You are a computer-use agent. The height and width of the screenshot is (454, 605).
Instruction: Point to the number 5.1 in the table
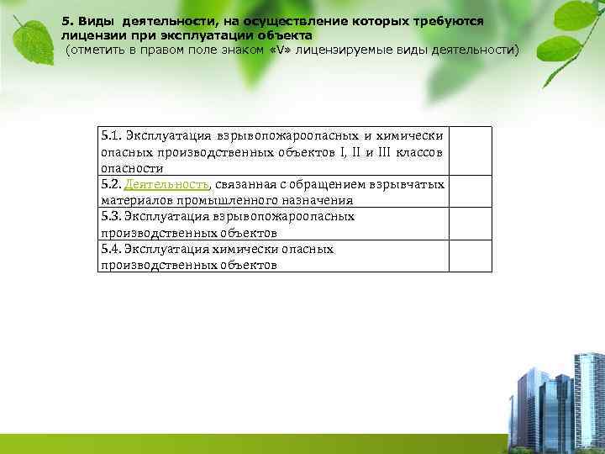tap(110, 135)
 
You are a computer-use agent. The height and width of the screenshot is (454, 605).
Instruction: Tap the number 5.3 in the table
tap(110, 217)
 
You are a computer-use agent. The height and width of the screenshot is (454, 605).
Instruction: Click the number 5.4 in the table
tap(110, 249)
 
